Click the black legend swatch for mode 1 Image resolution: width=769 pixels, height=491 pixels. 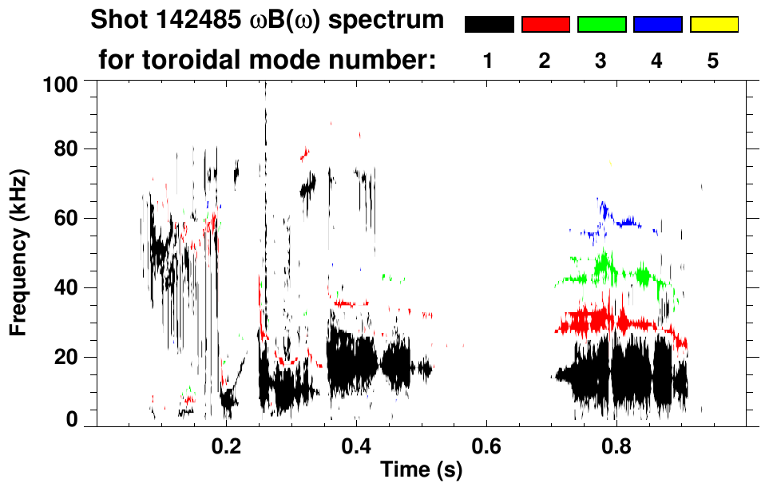click(489, 25)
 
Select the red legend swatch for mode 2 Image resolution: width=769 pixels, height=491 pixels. click(545, 25)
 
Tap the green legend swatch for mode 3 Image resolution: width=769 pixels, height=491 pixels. click(601, 25)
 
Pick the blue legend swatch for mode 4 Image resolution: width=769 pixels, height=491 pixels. click(657, 25)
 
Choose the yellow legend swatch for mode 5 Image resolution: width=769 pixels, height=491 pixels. click(713, 25)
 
